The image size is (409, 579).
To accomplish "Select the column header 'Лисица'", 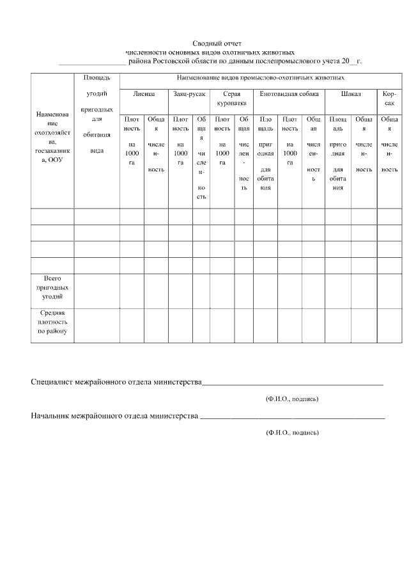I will click(x=144, y=93).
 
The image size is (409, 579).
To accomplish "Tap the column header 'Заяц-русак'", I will click(x=189, y=93).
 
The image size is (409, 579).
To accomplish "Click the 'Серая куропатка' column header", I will click(x=231, y=97).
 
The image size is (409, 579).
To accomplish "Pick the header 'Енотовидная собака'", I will click(x=289, y=93).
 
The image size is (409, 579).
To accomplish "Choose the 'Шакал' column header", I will click(x=351, y=93).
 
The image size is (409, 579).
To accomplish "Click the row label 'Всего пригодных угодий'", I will click(x=52, y=288).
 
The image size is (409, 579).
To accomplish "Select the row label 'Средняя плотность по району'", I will click(x=52, y=322).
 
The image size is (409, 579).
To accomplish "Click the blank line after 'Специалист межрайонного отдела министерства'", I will click(x=292, y=384).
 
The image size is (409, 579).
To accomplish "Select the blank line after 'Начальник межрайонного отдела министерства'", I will click(x=292, y=417).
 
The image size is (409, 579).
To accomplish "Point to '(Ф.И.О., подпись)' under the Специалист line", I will click(x=292, y=399).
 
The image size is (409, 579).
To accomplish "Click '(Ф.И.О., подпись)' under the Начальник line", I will click(x=292, y=432).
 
